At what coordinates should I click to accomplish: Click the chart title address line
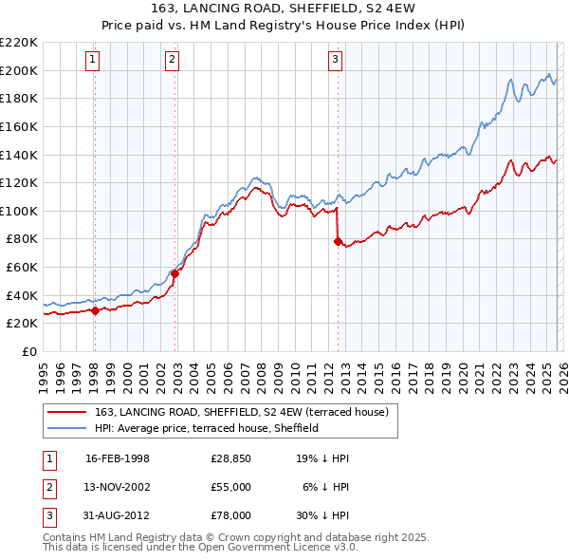(284, 9)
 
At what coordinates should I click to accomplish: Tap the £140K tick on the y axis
(19, 154)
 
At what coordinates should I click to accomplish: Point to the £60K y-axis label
(22, 267)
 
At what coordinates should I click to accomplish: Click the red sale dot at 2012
(338, 241)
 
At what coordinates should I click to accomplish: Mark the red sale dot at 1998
(95, 310)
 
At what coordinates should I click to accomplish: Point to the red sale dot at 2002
(174, 273)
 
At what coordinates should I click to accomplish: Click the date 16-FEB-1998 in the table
(118, 458)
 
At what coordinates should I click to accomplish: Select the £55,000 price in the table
(230, 486)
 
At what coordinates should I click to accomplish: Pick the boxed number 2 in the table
(48, 486)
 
